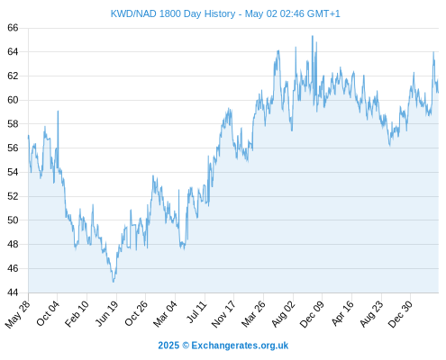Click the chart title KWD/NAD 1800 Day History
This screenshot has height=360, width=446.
point(173,13)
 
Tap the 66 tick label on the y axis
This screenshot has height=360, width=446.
point(13,28)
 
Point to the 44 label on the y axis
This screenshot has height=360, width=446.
point(13,292)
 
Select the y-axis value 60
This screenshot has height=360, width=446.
point(13,100)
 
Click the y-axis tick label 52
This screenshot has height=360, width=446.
point(13,196)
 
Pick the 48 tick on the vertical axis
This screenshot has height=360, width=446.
point(13,244)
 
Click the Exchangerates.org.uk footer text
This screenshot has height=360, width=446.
point(240,346)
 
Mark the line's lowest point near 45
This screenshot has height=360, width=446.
point(114,282)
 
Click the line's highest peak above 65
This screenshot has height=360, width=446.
point(313,36)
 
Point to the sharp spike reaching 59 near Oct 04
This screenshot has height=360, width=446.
point(58,112)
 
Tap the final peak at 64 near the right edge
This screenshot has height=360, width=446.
point(433,52)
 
